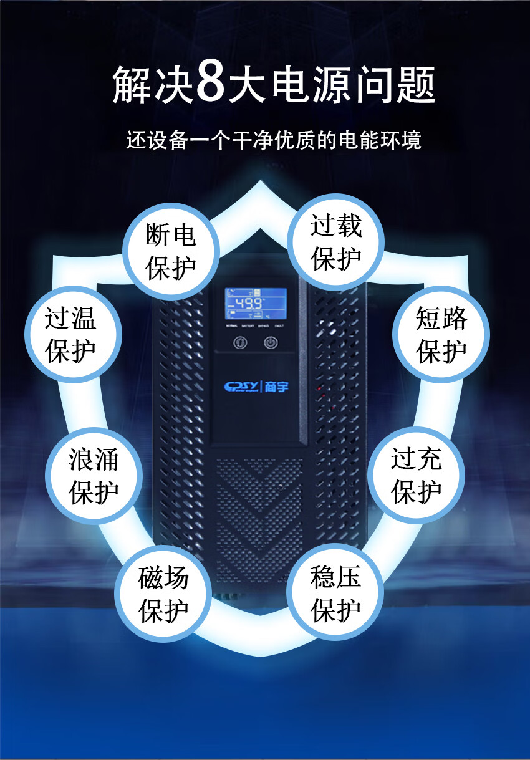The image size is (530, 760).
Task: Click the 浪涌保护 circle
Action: click(94, 476)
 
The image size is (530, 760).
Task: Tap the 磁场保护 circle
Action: click(163, 594)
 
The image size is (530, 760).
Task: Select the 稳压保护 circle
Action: click(336, 593)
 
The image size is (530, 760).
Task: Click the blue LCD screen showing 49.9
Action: click(256, 304)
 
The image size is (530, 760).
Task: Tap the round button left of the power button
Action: click(239, 342)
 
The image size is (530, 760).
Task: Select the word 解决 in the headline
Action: click(152, 85)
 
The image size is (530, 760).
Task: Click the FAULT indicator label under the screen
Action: click(279, 326)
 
